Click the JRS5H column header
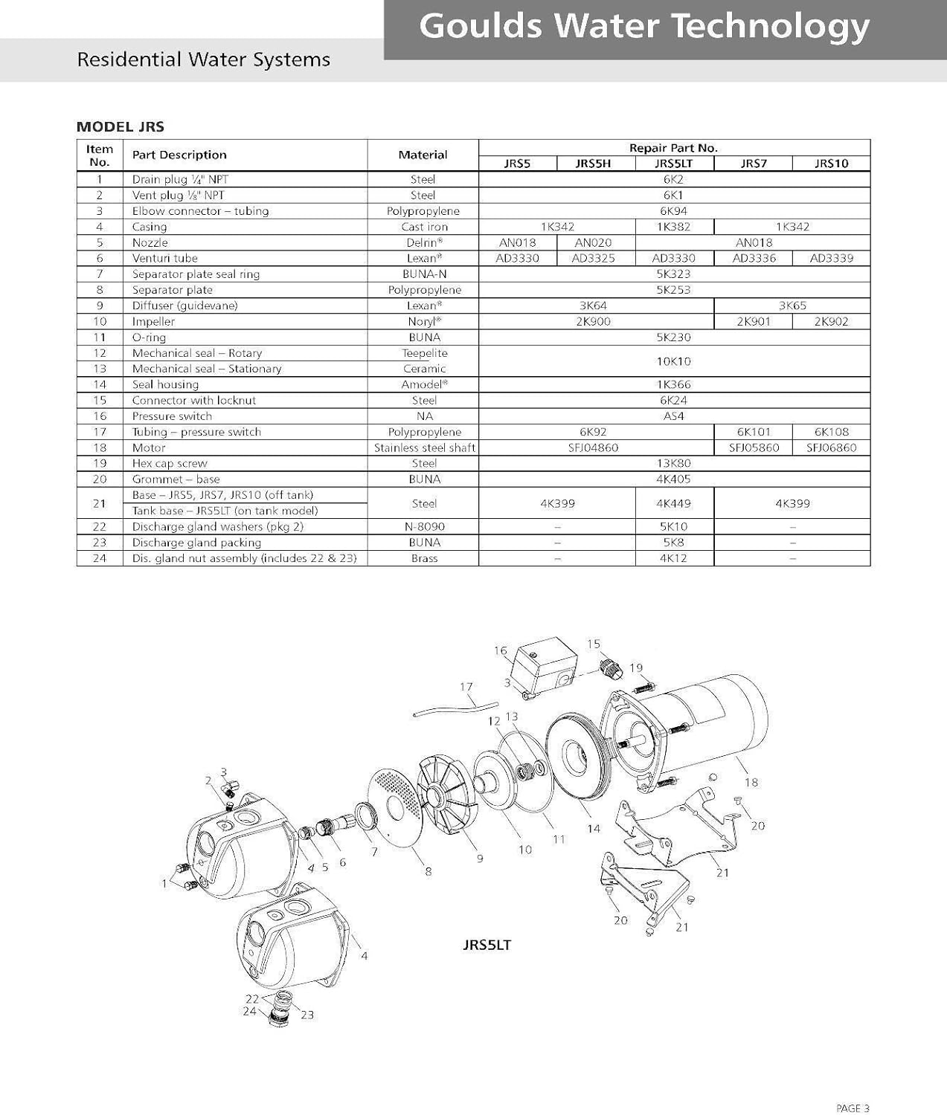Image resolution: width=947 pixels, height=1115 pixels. pyautogui.click(x=593, y=164)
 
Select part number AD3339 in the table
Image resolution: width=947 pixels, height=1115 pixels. pyautogui.click(x=831, y=258)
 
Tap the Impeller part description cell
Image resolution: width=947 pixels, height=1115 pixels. pyautogui.click(x=153, y=321)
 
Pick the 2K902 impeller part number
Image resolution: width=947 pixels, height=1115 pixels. pyautogui.click(x=831, y=321)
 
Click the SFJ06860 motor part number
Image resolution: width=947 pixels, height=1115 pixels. pyautogui.click(x=831, y=447)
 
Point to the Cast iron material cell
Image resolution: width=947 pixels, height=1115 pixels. pyautogui.click(x=424, y=227)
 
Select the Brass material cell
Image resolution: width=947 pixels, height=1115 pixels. pyautogui.click(x=424, y=558)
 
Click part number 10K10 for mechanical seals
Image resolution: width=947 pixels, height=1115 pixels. pyautogui.click(x=673, y=361)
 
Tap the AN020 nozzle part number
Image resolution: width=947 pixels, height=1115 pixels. pyautogui.click(x=593, y=242)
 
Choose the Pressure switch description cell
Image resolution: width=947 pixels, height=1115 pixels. pyautogui.click(x=172, y=416)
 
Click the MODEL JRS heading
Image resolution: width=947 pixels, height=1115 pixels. pyautogui.click(x=121, y=126)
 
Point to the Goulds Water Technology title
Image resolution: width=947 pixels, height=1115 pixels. pyautogui.click(x=643, y=27)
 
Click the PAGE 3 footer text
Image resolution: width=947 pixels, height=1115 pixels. pyautogui.click(x=852, y=1108)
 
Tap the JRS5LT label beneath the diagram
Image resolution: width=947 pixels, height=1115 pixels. pyautogui.click(x=487, y=945)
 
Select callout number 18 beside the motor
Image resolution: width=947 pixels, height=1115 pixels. pyautogui.click(x=751, y=782)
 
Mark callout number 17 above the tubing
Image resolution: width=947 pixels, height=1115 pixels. pyautogui.click(x=466, y=687)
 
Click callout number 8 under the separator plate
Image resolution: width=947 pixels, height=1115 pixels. pyautogui.click(x=428, y=871)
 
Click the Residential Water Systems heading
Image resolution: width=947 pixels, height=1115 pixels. pyautogui.click(x=203, y=59)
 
